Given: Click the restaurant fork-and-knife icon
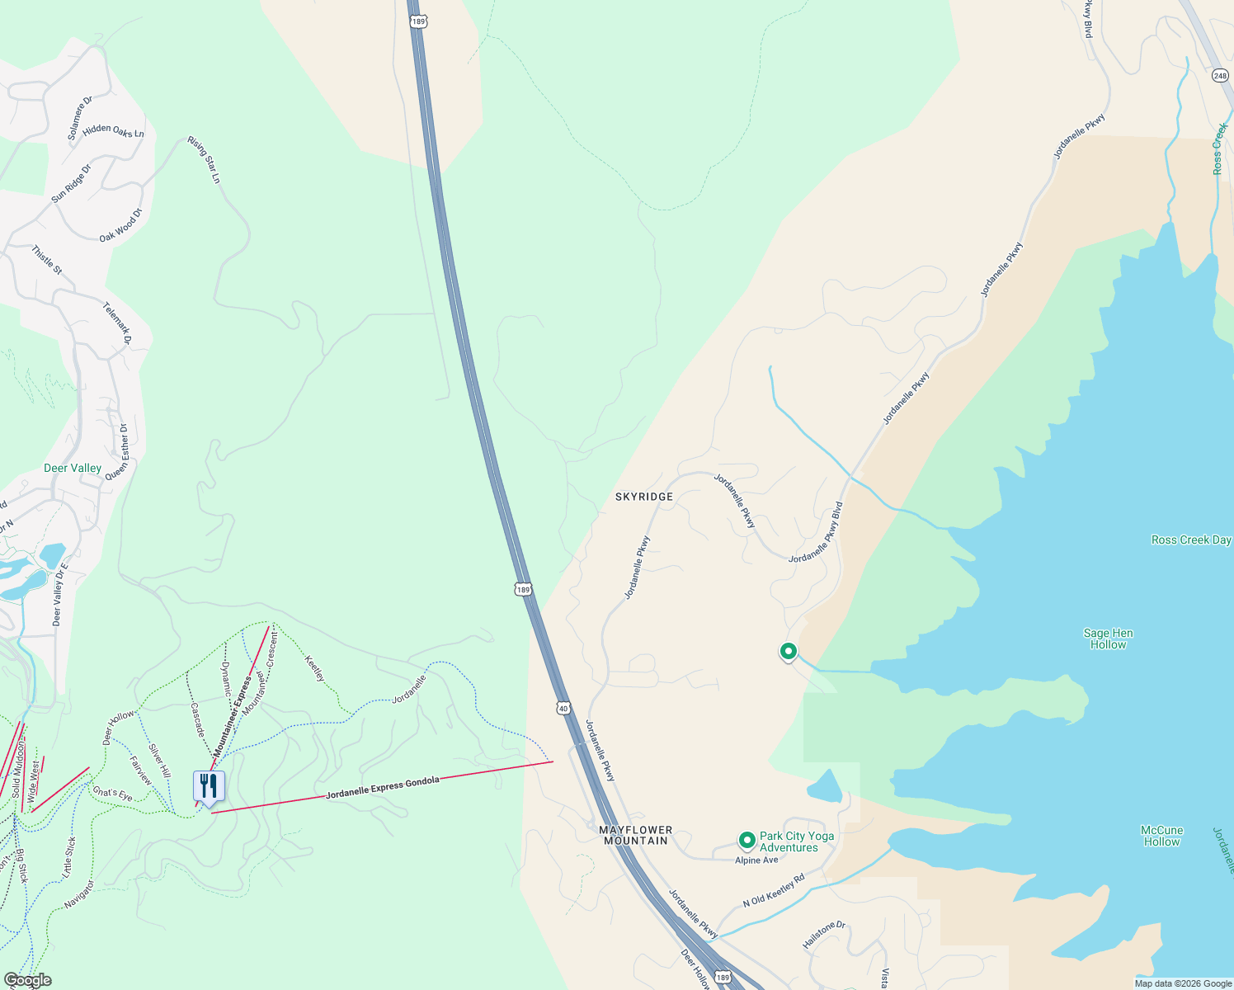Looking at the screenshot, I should coord(209,785).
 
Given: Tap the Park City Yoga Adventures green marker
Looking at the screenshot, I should coord(747,841).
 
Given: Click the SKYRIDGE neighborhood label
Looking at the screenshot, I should coord(644,497).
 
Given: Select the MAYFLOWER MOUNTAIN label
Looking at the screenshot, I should coord(635,835).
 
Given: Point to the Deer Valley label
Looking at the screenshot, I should coord(73,468).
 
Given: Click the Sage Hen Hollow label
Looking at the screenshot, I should coord(1108,639).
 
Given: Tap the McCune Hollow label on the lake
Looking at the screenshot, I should coord(1161,836).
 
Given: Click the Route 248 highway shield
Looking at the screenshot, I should coord(1220,76).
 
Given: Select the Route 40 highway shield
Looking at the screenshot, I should coord(563,708).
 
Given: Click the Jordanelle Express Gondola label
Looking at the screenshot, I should coord(383,788).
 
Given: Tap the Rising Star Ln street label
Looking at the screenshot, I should coord(205,159).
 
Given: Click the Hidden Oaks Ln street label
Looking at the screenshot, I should coord(113,130).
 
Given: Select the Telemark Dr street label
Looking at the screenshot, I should coord(116,323).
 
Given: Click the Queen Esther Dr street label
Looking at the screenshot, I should coord(116,452).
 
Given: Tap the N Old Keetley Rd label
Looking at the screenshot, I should coord(773,891).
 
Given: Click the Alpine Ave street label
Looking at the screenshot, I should coord(756,860).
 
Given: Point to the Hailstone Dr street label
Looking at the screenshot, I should coord(824,935).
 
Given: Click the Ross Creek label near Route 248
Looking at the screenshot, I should coord(1219,148).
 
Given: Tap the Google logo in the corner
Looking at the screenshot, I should coord(27,980).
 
